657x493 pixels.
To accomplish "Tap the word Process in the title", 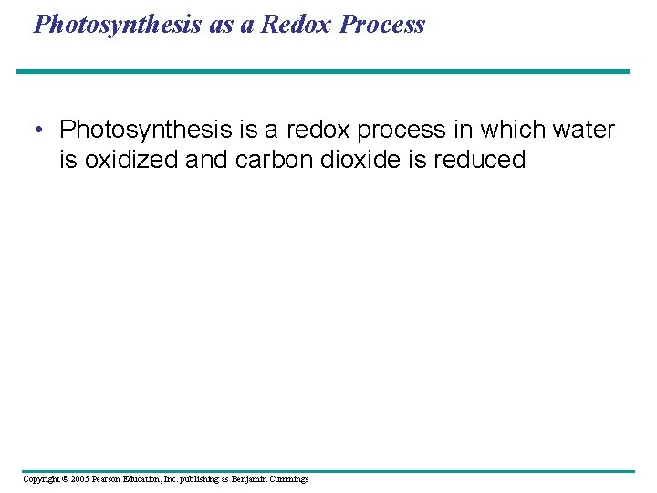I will tap(382, 25).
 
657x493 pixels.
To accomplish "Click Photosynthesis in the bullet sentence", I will tap(144, 131).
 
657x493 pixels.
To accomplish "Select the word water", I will tap(583, 131).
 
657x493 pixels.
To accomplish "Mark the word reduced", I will tap(480, 160).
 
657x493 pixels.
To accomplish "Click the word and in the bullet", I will tap(207, 160).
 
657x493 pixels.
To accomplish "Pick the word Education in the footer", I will tap(149, 479).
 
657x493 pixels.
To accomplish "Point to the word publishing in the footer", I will tap(202, 479).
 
